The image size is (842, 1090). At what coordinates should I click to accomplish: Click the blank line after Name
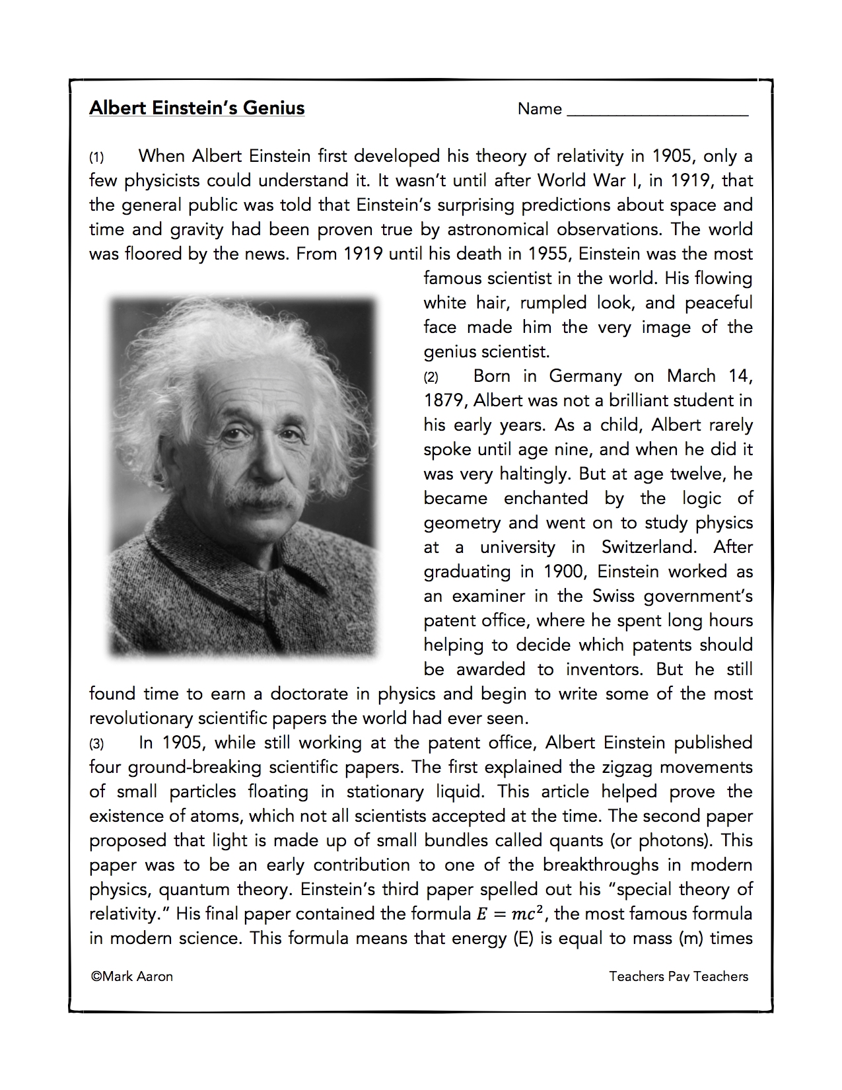[657, 111]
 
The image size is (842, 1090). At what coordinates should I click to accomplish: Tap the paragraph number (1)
[96, 157]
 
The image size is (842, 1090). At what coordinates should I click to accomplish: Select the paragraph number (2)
[431, 377]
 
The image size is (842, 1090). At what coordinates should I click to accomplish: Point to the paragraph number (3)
[96, 744]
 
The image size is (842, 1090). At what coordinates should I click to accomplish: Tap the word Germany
[585, 377]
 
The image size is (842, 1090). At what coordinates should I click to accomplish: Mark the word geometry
[462, 524]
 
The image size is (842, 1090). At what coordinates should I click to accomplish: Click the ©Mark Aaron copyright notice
[132, 976]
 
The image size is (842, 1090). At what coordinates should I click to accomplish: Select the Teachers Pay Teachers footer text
[678, 976]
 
